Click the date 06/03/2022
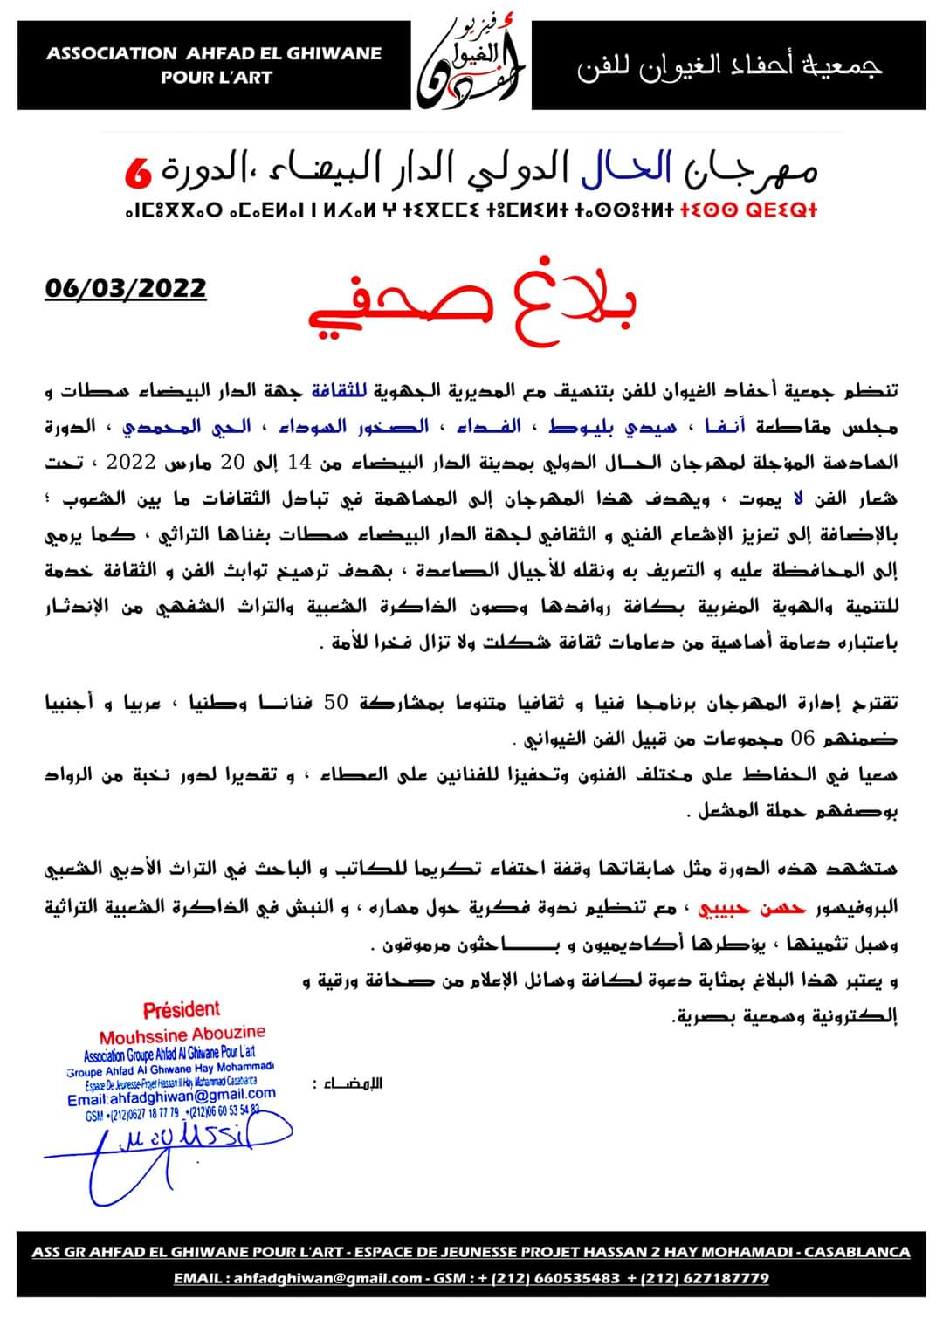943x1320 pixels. click(x=126, y=287)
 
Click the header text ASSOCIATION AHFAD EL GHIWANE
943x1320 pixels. click(x=215, y=53)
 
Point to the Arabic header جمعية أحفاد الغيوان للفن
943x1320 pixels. click(x=729, y=66)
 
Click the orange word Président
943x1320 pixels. click(x=182, y=1010)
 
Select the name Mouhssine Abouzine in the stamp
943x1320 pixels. click(x=182, y=1036)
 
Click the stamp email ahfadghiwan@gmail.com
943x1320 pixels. click(x=171, y=1096)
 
